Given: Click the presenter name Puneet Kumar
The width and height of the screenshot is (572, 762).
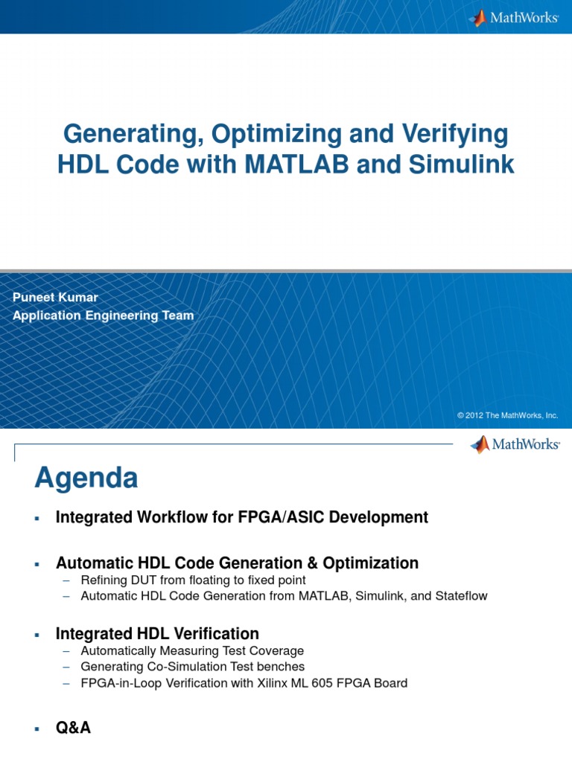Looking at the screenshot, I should pyautogui.click(x=55, y=297).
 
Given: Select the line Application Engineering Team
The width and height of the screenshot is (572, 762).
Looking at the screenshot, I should pyautogui.click(x=103, y=315).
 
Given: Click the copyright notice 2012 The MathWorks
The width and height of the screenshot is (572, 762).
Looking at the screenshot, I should pyautogui.click(x=507, y=415).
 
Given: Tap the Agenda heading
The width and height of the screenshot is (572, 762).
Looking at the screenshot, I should pyautogui.click(x=86, y=478).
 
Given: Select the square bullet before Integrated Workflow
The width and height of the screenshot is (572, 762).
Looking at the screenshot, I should pyautogui.click(x=36, y=518).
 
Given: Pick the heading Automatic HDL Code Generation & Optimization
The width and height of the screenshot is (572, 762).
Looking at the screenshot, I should pyautogui.click(x=237, y=563).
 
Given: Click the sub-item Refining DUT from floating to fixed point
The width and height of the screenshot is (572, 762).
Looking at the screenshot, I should pyautogui.click(x=193, y=580).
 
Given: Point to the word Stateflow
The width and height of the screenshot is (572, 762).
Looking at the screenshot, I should pyautogui.click(x=461, y=596).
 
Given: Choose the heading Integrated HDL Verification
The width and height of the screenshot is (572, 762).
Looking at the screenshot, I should pyautogui.click(x=157, y=633).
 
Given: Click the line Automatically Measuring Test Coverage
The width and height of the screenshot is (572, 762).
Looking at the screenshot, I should pyautogui.click(x=192, y=650).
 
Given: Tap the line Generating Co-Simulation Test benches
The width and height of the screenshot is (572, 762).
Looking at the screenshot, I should pyautogui.click(x=192, y=667).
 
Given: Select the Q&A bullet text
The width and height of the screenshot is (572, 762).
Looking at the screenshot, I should pyautogui.click(x=73, y=728).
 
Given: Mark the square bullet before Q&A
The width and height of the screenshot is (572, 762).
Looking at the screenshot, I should pyautogui.click(x=36, y=729).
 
